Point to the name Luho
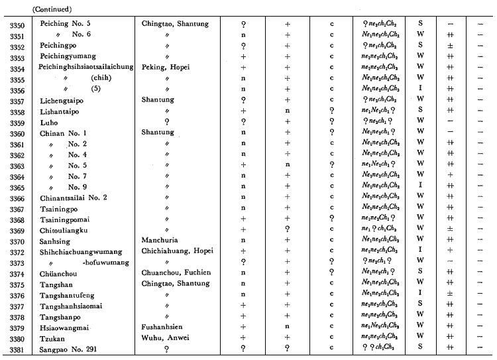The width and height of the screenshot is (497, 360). click(x=50, y=123)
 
